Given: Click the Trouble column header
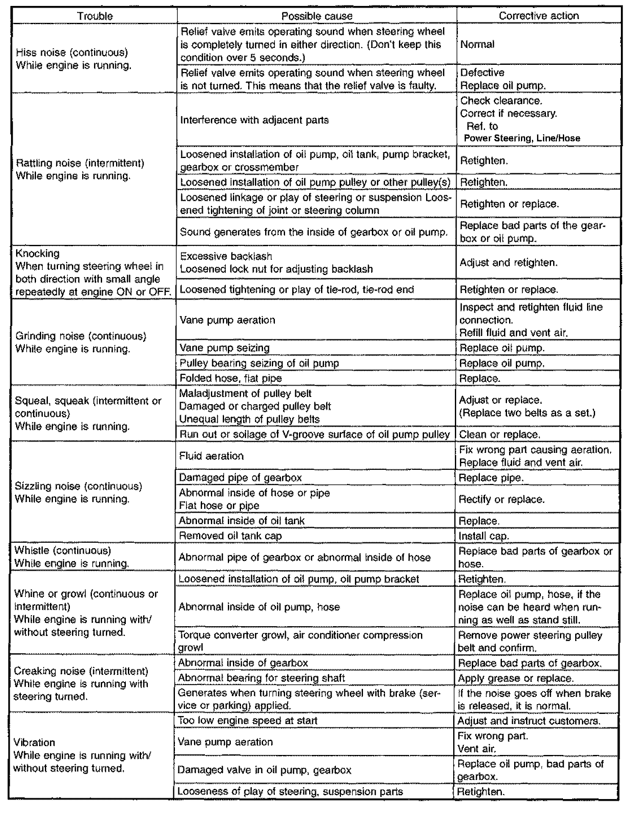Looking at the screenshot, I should click(95, 17).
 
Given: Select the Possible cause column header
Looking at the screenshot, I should click(317, 17).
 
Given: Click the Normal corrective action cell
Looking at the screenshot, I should click(477, 44).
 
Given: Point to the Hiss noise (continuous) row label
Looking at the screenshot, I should click(72, 53).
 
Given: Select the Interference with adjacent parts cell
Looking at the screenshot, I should click(255, 120).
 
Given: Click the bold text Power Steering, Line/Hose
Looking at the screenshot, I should click(522, 138).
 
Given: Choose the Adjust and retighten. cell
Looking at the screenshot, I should click(508, 263).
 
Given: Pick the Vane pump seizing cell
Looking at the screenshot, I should click(224, 348).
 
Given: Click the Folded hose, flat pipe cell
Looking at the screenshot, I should click(230, 378).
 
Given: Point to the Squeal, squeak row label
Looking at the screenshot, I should click(88, 401).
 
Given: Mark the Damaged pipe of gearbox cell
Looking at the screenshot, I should click(240, 478).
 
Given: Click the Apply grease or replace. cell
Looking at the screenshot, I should click(515, 678).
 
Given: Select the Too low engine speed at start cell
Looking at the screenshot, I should click(247, 721).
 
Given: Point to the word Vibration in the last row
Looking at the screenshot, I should click(34, 743).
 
